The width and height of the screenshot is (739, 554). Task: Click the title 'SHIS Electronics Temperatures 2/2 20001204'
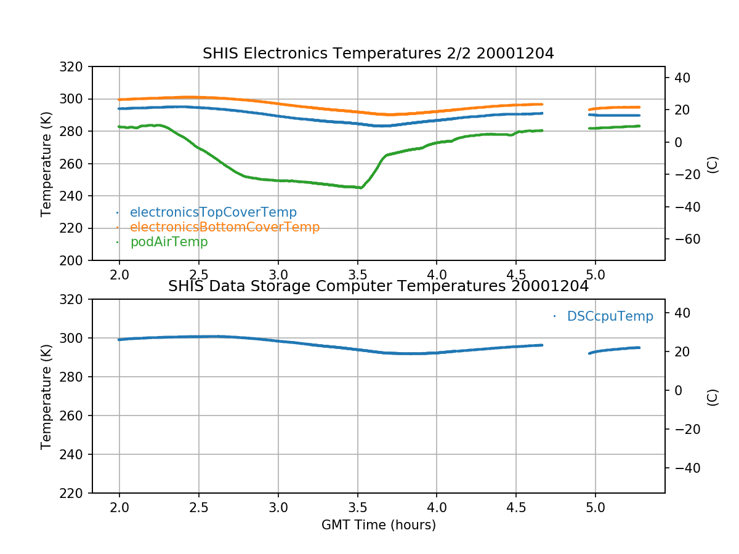[x=378, y=54]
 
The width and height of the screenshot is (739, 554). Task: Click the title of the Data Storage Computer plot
[x=378, y=286]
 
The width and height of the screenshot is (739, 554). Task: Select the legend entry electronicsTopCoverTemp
[x=213, y=212]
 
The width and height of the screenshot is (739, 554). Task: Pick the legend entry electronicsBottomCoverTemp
[x=225, y=227]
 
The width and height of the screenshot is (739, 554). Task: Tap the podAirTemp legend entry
[x=169, y=242]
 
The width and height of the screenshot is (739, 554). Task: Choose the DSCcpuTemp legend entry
[x=610, y=316]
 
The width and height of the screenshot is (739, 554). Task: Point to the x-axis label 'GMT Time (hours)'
[x=378, y=525]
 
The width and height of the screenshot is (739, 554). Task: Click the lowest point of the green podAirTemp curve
[x=360, y=188]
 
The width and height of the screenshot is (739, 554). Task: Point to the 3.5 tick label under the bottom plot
[x=357, y=508]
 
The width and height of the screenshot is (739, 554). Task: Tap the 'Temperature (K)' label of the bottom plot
[x=46, y=396]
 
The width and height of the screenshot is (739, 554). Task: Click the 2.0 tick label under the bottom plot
[x=119, y=508]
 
